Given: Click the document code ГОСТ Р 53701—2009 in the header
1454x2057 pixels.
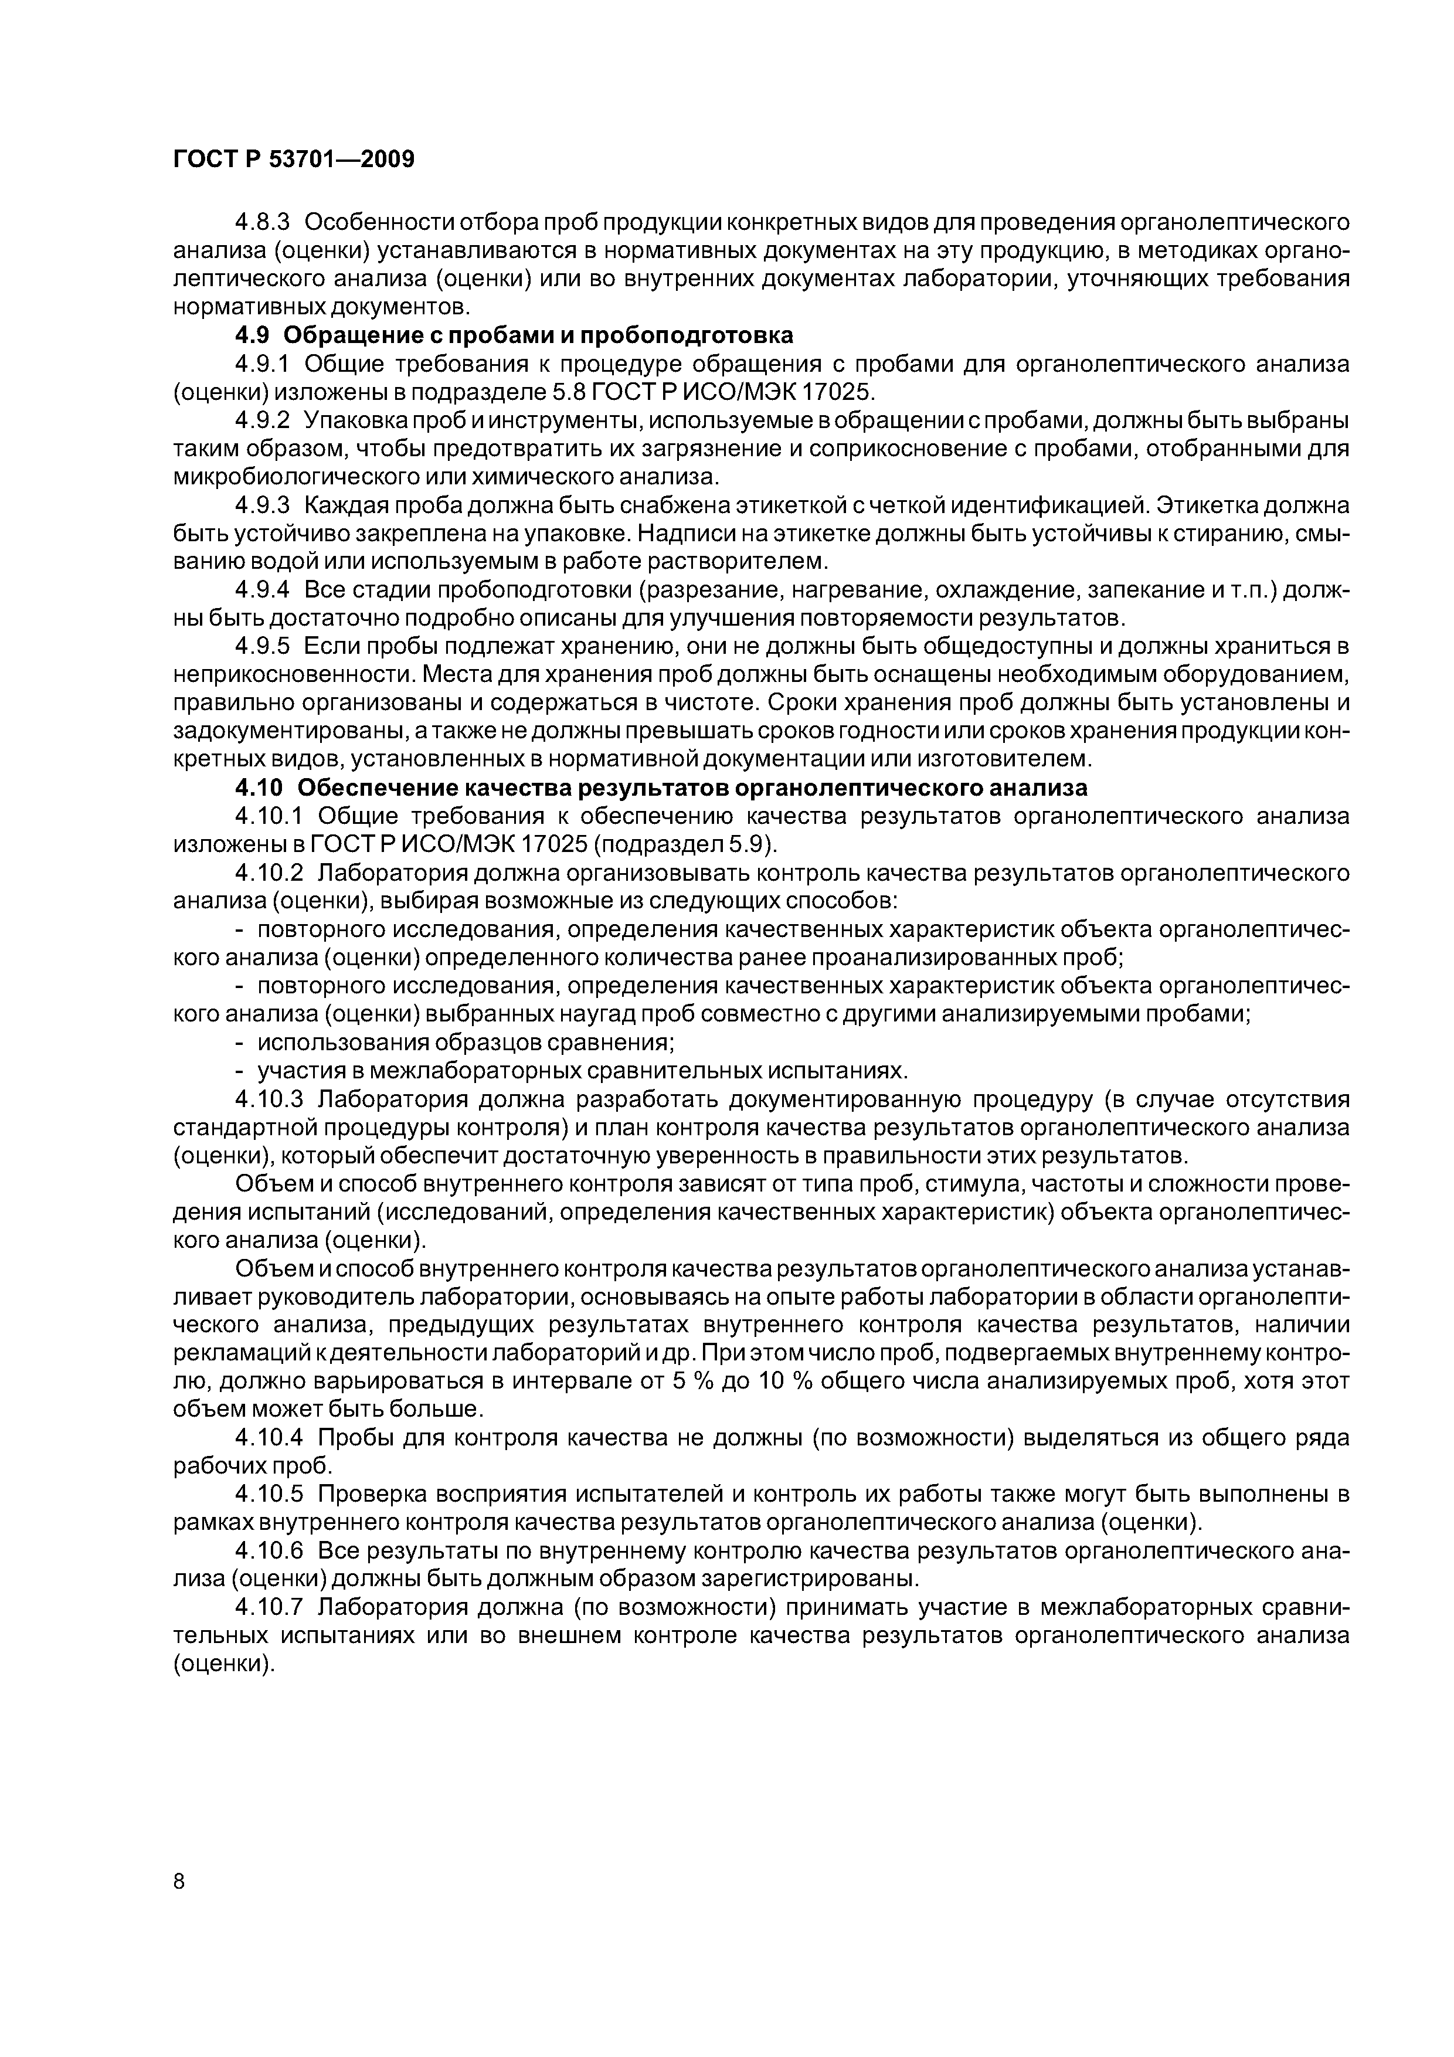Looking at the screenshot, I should click(293, 159).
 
